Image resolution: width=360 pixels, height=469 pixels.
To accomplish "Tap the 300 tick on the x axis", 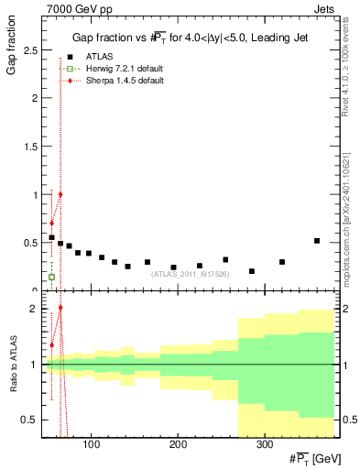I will click(x=264, y=445).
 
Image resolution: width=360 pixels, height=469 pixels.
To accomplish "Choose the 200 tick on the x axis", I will click(x=178, y=445).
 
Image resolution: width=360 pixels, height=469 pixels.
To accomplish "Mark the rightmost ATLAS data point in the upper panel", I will click(x=316, y=241).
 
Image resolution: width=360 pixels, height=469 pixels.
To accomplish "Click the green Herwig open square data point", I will click(x=51, y=277).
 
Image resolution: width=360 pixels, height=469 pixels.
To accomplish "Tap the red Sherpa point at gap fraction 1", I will click(x=60, y=194).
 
